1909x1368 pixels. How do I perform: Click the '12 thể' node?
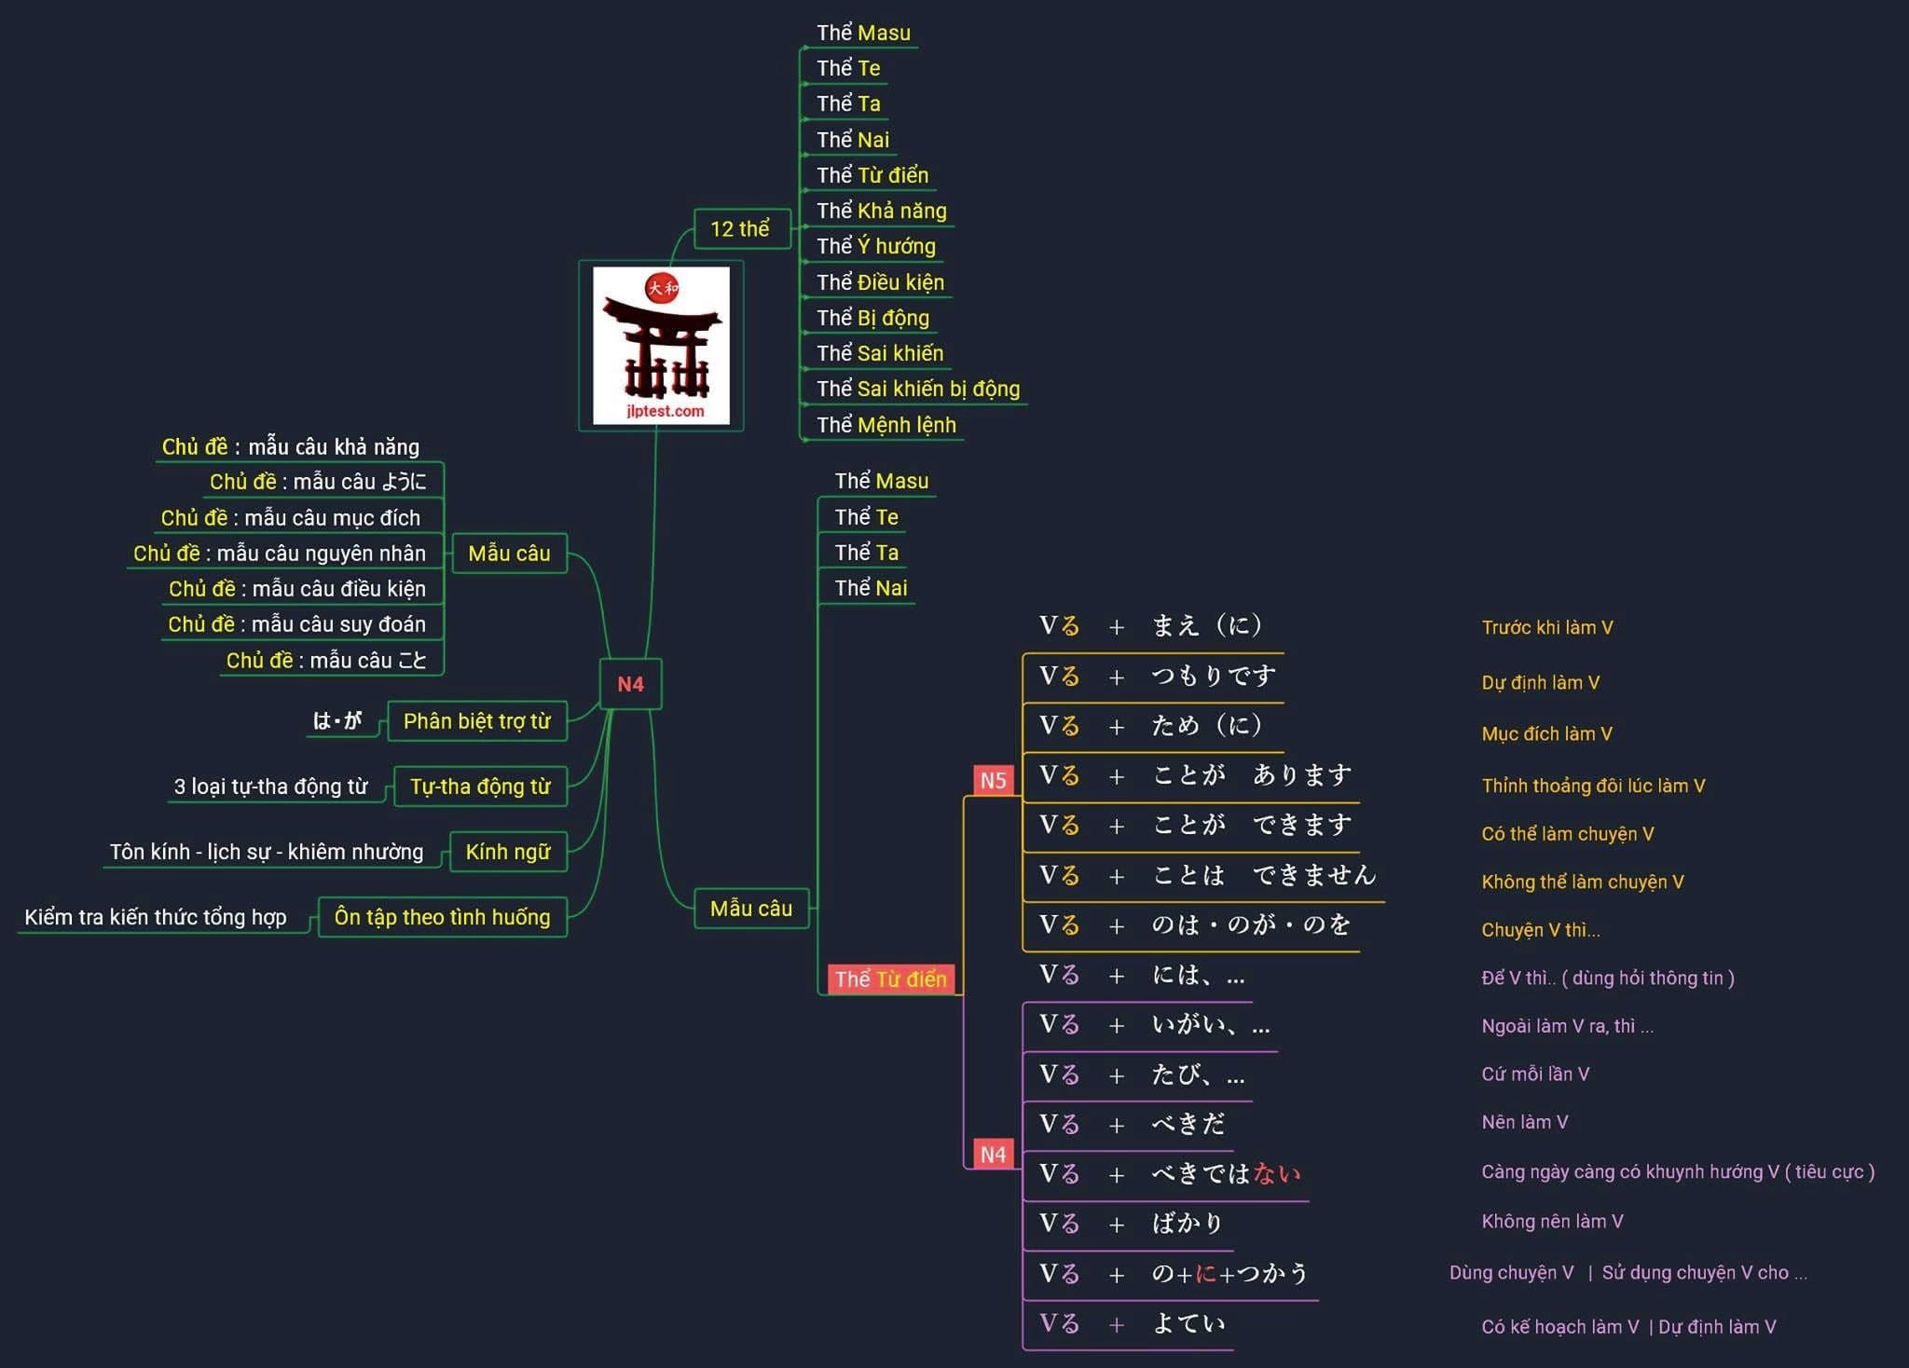tap(740, 229)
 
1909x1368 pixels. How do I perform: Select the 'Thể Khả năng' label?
tap(881, 212)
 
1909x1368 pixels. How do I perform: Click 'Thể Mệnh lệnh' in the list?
tap(886, 426)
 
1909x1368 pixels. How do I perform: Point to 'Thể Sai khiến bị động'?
tap(917, 390)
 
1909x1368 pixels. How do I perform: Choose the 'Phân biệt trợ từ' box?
tap(476, 721)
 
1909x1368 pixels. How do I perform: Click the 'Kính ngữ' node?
tap(508, 852)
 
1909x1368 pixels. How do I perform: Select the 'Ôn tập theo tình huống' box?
tap(442, 917)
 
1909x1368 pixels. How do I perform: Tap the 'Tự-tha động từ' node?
tap(480, 787)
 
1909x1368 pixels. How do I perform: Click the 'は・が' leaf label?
tap(337, 721)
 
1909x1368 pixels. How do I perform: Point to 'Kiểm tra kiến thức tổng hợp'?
tap(156, 917)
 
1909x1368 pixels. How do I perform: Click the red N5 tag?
tap(993, 780)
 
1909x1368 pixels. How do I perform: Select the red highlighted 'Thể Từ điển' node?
tap(890, 979)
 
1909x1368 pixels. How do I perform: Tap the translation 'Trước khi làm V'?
tap(1546, 628)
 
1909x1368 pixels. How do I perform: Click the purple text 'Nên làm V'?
tap(1524, 1122)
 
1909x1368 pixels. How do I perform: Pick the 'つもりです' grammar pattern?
tap(1214, 677)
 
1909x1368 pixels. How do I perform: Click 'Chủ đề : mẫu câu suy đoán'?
tap(296, 624)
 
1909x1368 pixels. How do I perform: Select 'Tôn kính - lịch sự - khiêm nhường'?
tap(267, 852)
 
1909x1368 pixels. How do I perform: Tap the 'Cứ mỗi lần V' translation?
tap(1535, 1074)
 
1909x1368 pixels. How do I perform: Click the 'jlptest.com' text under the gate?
tap(665, 411)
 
